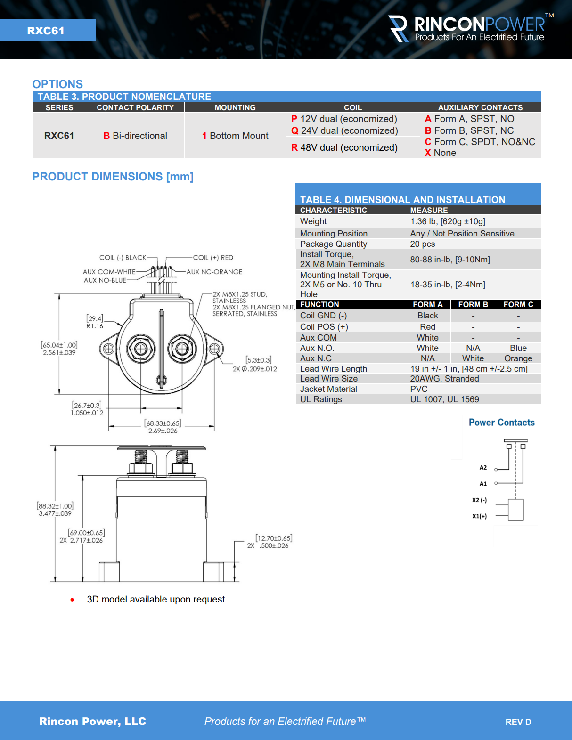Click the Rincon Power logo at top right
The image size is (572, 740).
tap(469, 29)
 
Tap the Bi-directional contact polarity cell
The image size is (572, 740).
tap(135, 136)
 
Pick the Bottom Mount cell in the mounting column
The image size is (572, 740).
tap(235, 136)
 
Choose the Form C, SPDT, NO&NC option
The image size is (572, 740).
tap(480, 142)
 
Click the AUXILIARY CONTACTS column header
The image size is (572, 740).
tap(480, 107)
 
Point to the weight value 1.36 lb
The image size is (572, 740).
tap(447, 221)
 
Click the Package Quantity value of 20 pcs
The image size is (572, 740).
tap(422, 244)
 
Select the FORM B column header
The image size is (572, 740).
tap(473, 304)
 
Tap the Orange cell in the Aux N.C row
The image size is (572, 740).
tap(518, 358)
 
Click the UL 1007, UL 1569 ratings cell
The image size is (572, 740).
tap(444, 399)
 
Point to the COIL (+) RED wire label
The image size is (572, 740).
tap(213, 258)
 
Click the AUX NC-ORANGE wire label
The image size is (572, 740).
tap(214, 272)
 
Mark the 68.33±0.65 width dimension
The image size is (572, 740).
tap(163, 423)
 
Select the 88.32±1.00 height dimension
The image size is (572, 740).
tap(55, 506)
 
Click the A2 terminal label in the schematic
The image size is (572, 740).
tap(483, 468)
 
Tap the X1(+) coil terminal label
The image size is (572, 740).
tap(479, 516)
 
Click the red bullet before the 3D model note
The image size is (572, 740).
tap(72, 600)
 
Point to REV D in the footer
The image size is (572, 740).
tap(518, 722)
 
